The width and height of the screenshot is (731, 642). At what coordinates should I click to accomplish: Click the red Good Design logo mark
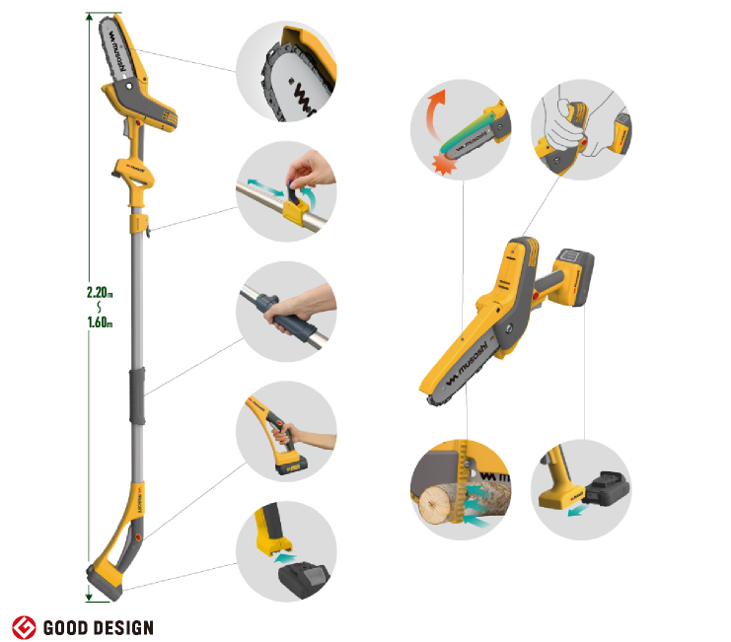tap(24, 627)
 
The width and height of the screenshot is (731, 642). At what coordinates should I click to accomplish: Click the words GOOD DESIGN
tap(99, 628)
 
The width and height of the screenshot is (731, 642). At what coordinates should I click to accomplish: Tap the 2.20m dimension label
tap(100, 293)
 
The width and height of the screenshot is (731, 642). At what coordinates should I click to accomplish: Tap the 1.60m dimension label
tap(100, 321)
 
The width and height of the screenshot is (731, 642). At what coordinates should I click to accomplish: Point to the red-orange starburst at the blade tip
tap(443, 164)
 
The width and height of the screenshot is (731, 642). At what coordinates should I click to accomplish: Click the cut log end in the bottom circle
tap(434, 504)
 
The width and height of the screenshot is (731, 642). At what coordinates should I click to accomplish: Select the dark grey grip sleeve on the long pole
tap(137, 395)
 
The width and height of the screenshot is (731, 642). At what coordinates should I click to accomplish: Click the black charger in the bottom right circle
tap(606, 489)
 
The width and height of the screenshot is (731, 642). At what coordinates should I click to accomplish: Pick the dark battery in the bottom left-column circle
tap(303, 578)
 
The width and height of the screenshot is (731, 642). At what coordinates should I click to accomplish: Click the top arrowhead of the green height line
tap(89, 18)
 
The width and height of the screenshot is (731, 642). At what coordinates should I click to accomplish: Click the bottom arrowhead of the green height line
tap(89, 597)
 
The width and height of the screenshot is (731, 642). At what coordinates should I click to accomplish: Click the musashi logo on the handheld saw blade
tap(467, 364)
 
